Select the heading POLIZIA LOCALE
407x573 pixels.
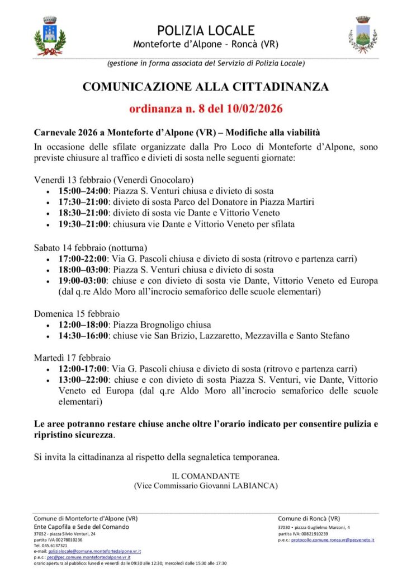click(x=206, y=30)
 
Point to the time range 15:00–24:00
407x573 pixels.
click(x=84, y=191)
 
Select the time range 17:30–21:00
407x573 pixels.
click(x=84, y=202)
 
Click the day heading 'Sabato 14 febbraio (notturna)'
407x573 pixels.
click(x=91, y=247)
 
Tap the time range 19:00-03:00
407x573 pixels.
click(x=83, y=280)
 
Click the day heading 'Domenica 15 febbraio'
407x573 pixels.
click(x=77, y=313)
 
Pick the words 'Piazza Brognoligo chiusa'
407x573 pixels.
click(x=162, y=325)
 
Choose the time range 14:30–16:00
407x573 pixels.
click(x=84, y=336)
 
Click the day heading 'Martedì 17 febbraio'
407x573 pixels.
click(x=72, y=358)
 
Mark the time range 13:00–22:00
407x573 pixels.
click(x=84, y=380)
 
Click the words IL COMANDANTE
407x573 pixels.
click(x=205, y=476)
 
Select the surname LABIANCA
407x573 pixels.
click(x=253, y=486)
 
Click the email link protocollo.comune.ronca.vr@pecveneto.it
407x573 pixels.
click(x=333, y=539)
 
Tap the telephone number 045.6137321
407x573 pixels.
click(x=55, y=545)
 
